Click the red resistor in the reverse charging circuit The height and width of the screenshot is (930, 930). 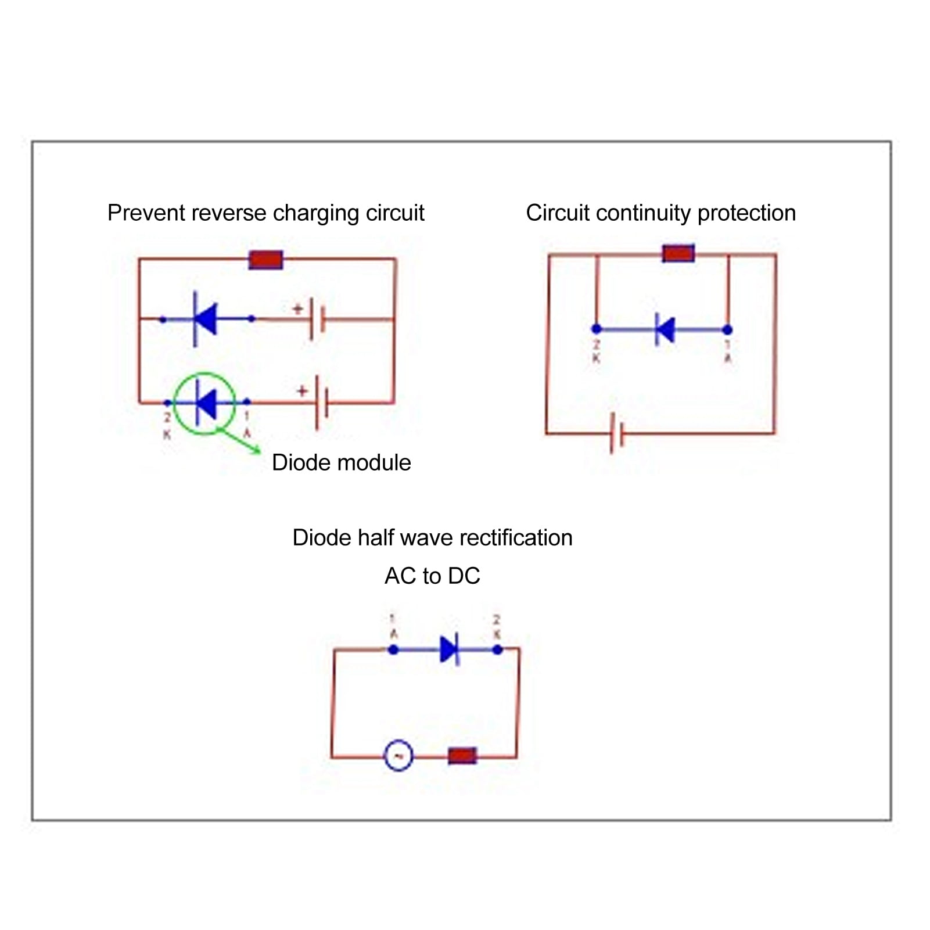pos(265,260)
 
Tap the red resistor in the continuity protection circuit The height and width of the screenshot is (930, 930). pos(678,253)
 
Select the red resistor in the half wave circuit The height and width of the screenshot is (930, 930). pos(462,756)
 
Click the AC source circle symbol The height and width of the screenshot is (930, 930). pos(398,756)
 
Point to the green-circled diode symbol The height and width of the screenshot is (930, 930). pos(206,403)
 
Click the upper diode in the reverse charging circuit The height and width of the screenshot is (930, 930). pos(205,319)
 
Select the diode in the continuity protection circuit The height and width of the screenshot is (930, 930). pos(665,329)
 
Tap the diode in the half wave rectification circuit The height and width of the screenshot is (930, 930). pos(450,649)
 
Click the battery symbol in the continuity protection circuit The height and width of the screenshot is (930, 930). pos(617,433)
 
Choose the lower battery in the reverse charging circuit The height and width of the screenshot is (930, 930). pos(322,403)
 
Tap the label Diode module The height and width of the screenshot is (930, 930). pos(341,463)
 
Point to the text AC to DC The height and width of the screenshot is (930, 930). pos(432,576)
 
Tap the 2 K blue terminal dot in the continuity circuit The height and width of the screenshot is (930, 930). pos(596,329)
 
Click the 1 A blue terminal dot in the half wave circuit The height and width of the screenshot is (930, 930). pos(393,649)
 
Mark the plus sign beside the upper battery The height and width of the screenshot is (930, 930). pos(298,309)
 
